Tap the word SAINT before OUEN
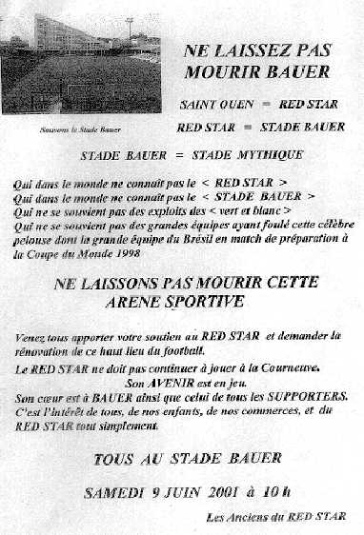[x=200, y=103]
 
